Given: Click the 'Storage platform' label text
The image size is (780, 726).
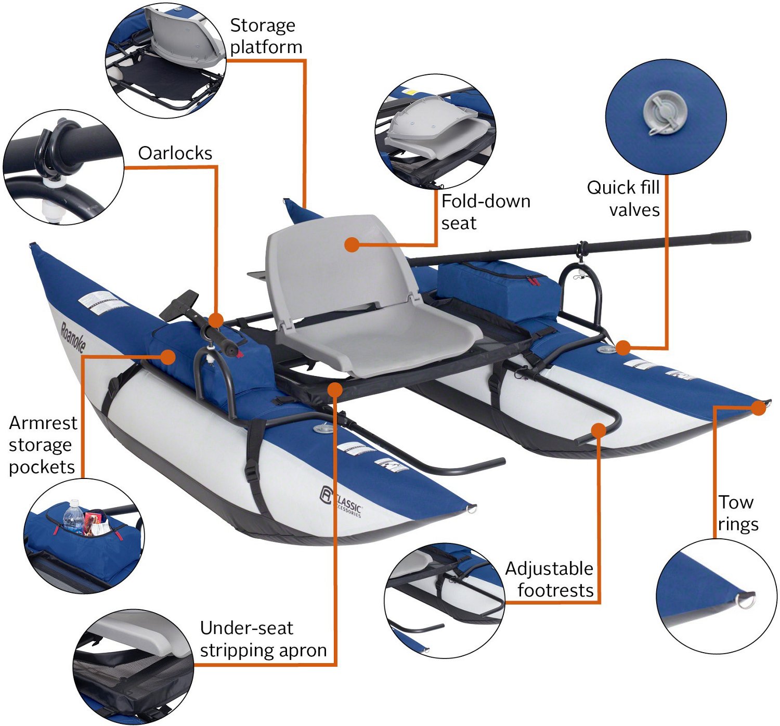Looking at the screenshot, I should [266, 36].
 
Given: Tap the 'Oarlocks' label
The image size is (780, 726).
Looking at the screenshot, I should [175, 153].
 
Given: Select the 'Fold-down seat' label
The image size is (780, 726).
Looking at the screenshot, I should [485, 212].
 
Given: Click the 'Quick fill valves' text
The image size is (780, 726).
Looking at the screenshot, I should [623, 199].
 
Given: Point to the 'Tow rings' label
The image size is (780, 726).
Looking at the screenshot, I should [737, 513].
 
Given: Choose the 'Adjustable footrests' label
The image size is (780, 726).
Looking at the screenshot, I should [549, 579].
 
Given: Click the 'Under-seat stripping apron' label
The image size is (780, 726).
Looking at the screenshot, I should [263, 639].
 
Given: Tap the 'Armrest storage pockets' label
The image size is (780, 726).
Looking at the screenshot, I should [43, 445].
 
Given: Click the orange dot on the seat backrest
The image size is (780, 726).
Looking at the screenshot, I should [352, 245].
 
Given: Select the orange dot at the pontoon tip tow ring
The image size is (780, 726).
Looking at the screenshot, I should [759, 408].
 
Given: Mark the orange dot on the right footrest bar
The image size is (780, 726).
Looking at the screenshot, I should [599, 430].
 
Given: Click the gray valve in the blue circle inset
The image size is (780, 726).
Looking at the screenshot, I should [665, 113].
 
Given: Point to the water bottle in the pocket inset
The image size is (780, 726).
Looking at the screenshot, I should [73, 517].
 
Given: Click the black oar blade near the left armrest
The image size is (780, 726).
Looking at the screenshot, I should [179, 304].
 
